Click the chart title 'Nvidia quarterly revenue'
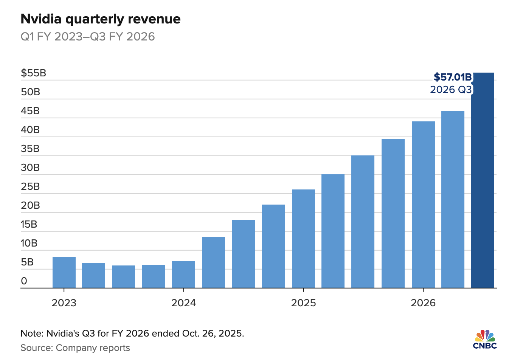coord(100,19)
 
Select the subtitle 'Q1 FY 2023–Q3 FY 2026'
coord(87,37)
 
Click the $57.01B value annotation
coord(453,77)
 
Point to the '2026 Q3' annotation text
coord(451,90)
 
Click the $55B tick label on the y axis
coord(33,73)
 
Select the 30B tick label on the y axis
coord(30,168)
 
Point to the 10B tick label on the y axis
coord(29,243)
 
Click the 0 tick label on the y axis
coord(24,281)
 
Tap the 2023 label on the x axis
coord(64,303)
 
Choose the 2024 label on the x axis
coord(183,303)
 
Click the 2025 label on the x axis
coord(303,303)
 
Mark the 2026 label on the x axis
coord(423,303)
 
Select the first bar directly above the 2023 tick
coord(64,272)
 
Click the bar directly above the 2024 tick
coord(183,275)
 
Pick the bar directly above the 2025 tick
coord(303,239)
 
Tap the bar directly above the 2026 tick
coord(423,205)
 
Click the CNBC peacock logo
coord(485,339)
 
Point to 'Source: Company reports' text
coord(75,348)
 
